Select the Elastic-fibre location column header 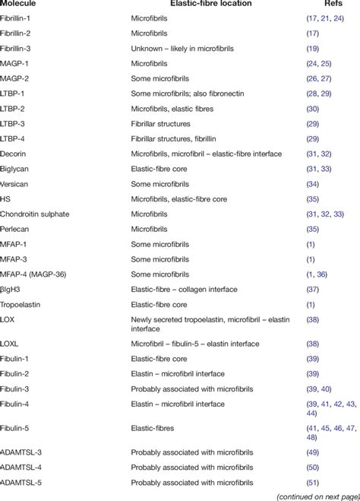(206, 5)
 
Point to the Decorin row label (15, 153)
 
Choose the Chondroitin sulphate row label (34, 214)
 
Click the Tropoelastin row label (21, 303)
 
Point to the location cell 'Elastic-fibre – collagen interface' (186, 289)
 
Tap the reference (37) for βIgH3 (312, 289)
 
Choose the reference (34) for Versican (312, 183)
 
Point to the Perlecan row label (16, 229)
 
